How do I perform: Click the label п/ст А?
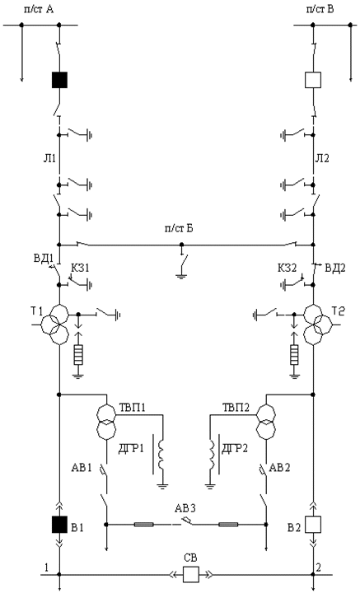[39, 9]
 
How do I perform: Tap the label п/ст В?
[320, 9]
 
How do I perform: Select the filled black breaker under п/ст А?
[59, 80]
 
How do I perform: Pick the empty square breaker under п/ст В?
[313, 80]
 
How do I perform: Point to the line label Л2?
[322, 158]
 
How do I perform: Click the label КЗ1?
[81, 268]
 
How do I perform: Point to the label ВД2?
[334, 268]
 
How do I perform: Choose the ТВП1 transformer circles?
[106, 422]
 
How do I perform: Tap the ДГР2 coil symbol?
[213, 454]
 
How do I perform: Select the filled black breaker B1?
[59, 524]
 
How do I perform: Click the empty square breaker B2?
[313, 524]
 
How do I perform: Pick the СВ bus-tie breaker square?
[191, 575]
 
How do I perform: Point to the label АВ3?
[185, 508]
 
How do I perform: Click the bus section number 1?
[46, 567]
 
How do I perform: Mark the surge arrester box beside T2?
[294, 354]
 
